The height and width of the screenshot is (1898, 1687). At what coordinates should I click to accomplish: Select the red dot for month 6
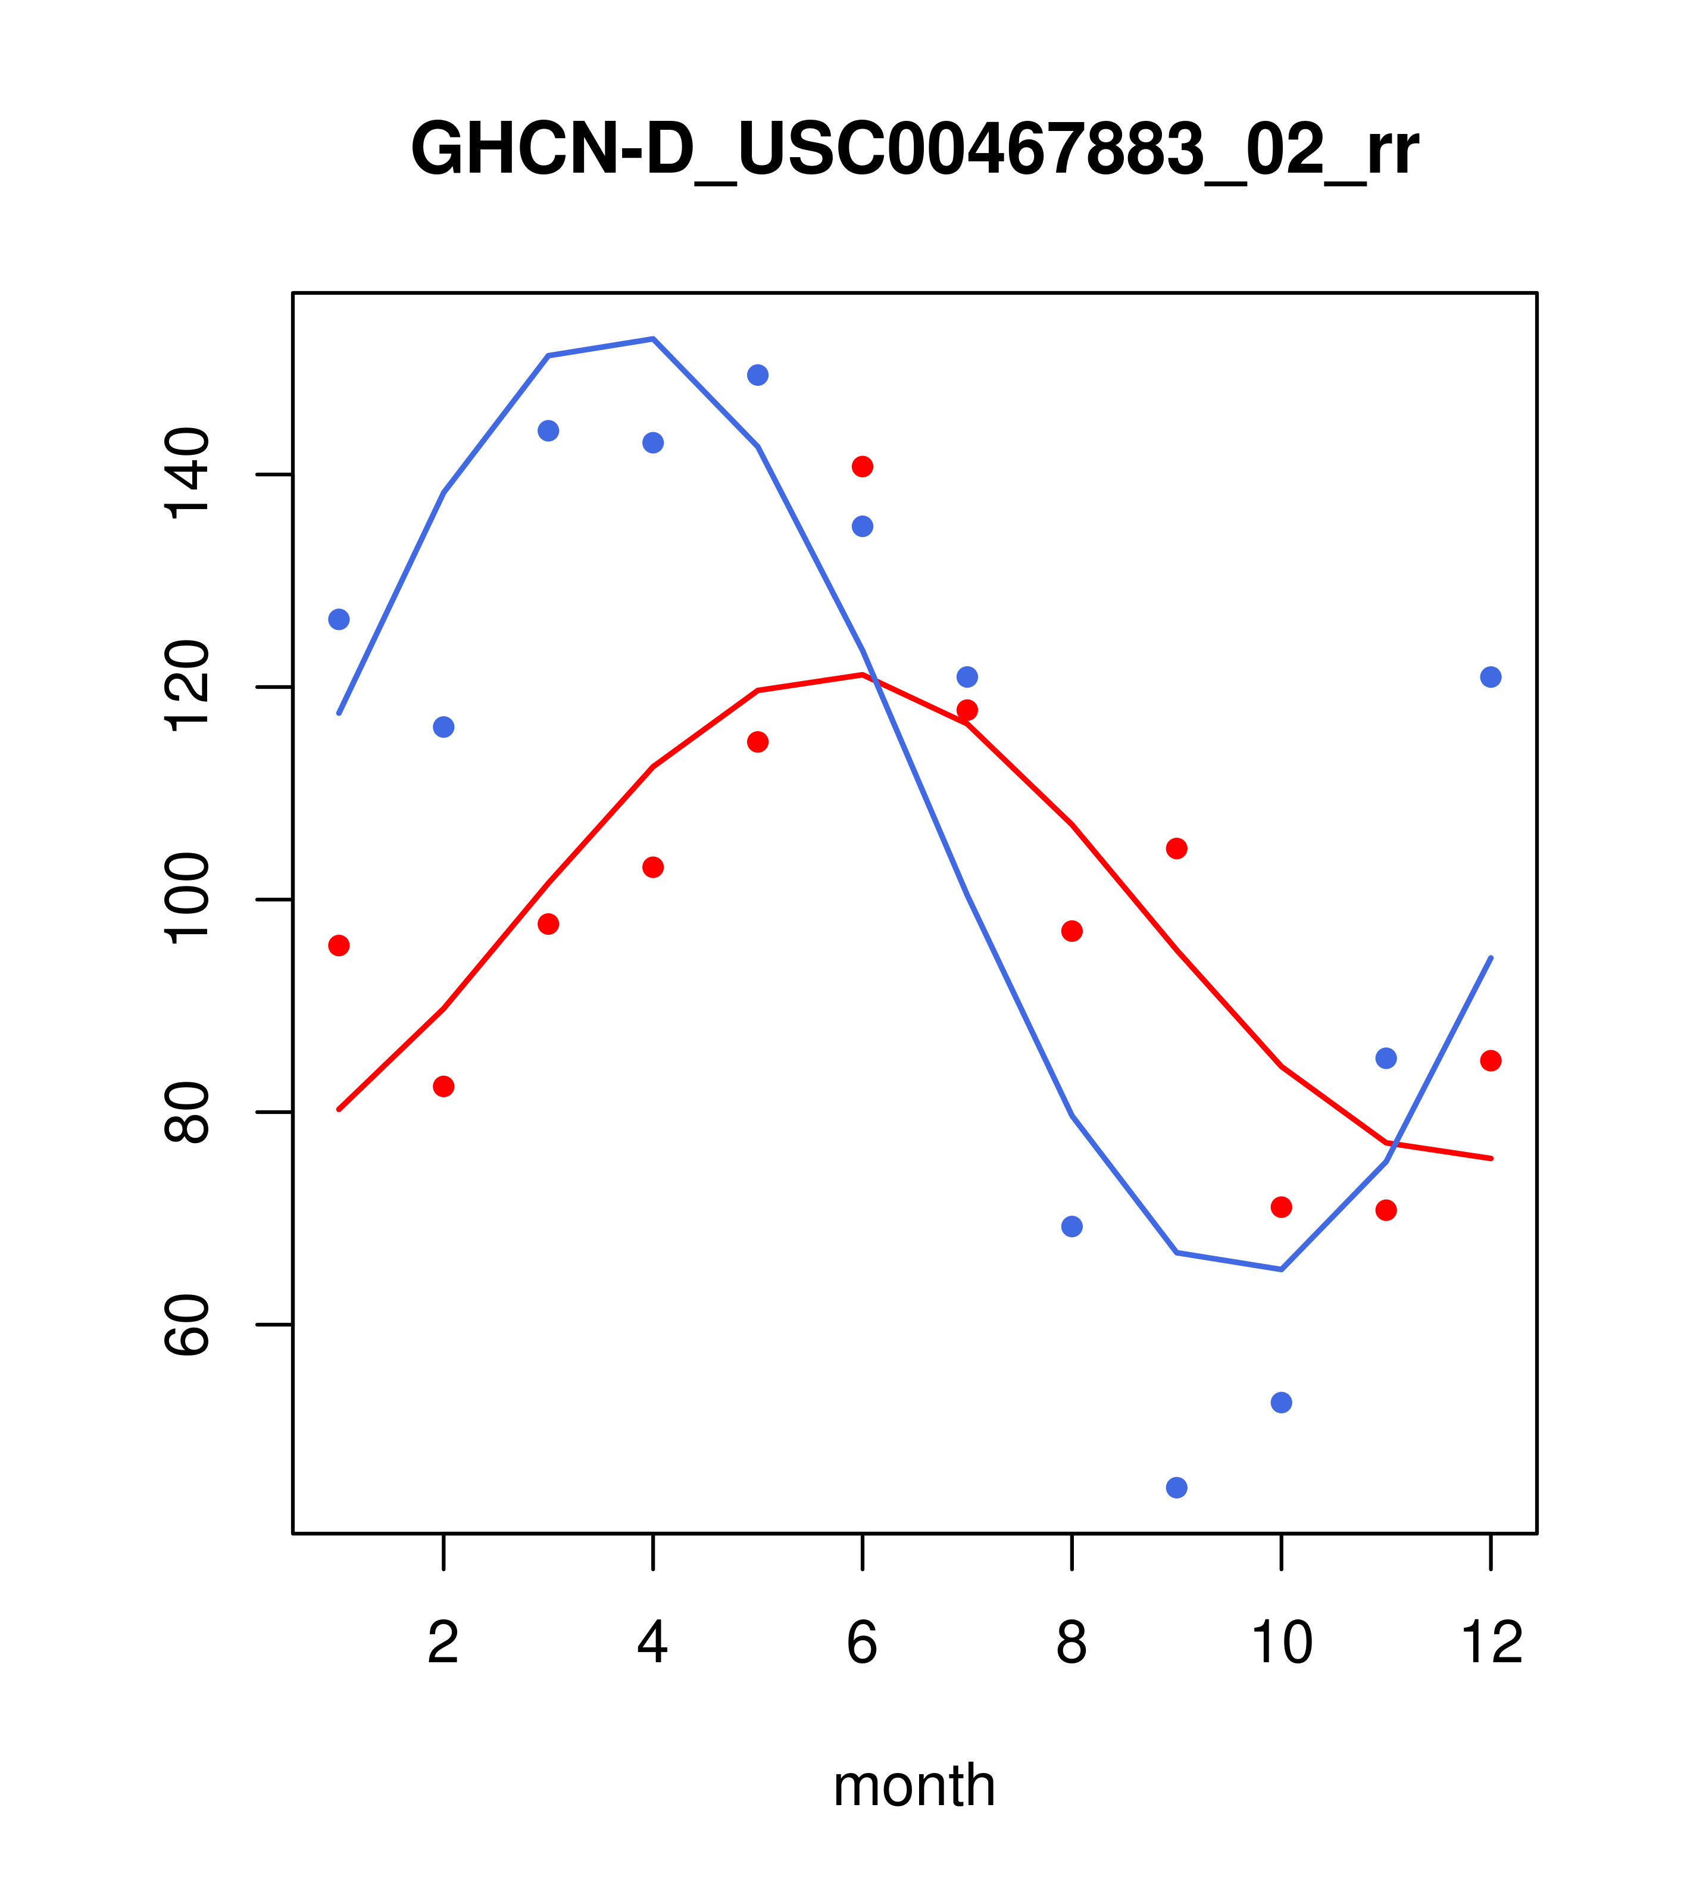863,466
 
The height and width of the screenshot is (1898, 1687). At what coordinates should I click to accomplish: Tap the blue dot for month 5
758,375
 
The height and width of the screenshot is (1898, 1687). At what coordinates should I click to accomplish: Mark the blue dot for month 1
339,619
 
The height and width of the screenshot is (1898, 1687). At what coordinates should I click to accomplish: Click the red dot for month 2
444,1087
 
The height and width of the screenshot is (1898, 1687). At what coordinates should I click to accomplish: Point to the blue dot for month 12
1491,677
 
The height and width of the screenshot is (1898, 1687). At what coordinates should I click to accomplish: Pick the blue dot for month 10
1281,1402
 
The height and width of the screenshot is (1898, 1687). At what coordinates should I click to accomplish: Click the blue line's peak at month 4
654,339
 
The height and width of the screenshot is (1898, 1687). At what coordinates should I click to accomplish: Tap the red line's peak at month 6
863,674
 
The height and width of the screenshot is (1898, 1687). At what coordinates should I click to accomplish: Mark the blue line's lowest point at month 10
1281,1269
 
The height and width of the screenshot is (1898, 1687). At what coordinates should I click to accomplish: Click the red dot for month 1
339,945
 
